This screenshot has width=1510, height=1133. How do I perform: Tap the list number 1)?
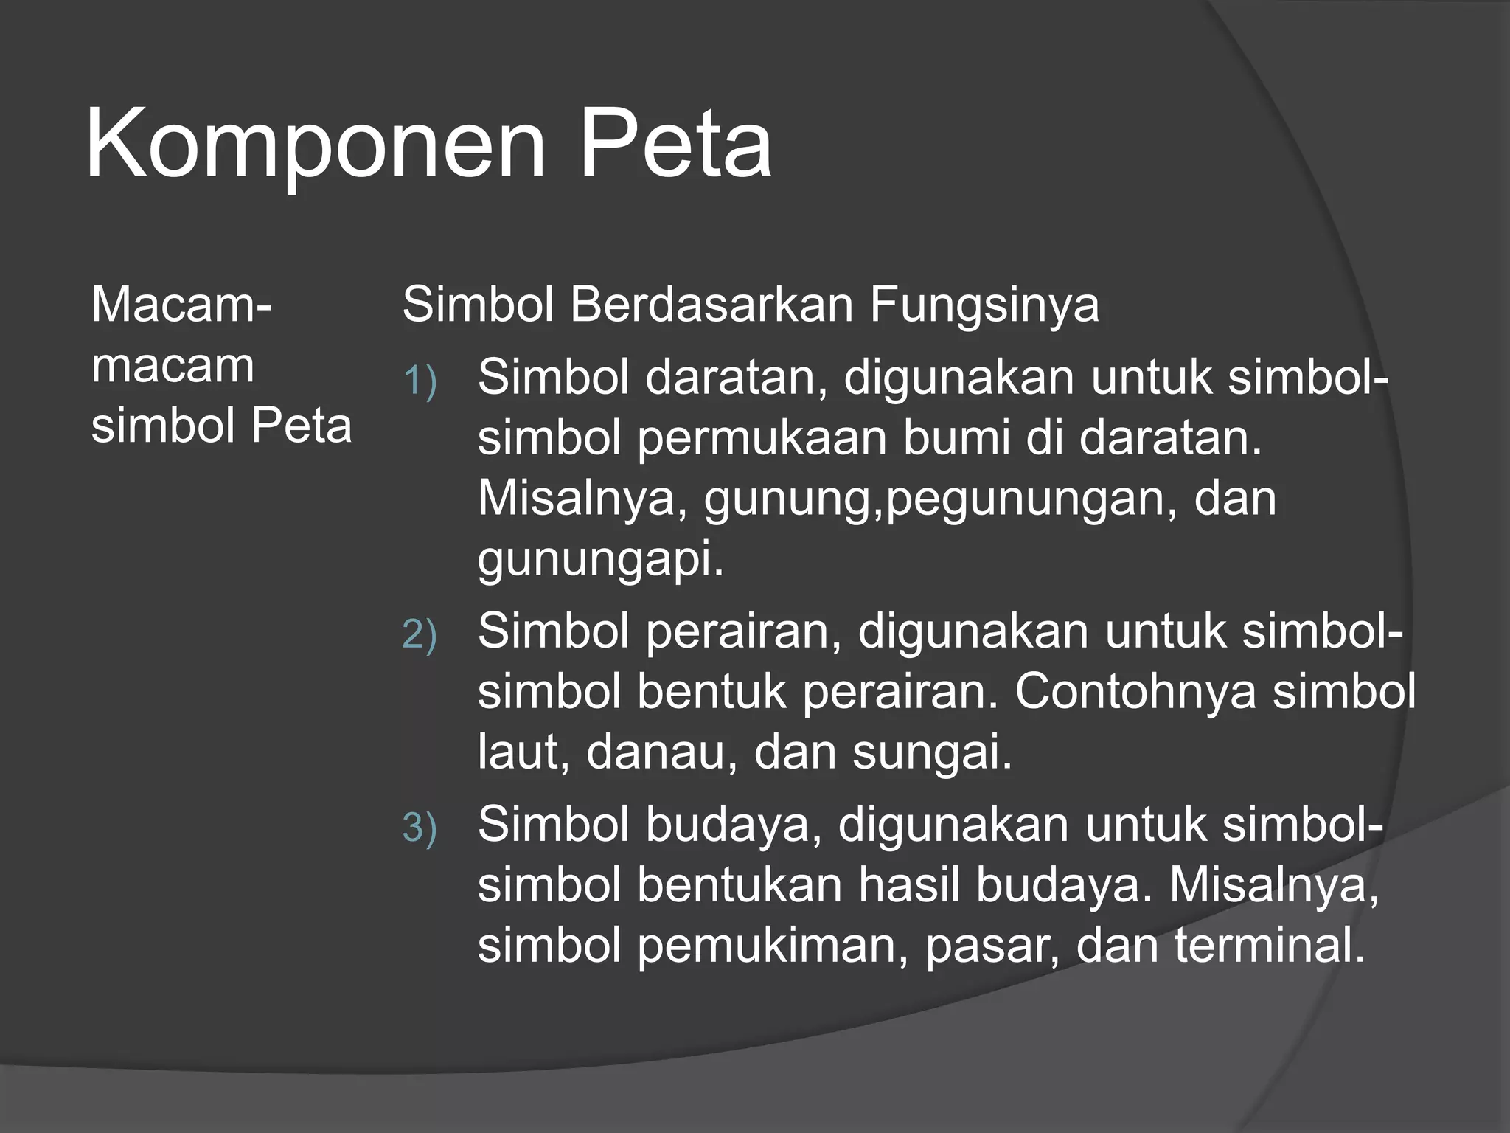420,381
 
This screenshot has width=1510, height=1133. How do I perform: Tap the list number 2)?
420,635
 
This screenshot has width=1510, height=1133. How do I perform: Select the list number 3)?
420,828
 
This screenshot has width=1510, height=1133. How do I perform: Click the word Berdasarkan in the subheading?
711,305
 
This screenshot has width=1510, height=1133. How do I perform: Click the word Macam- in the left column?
181,305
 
